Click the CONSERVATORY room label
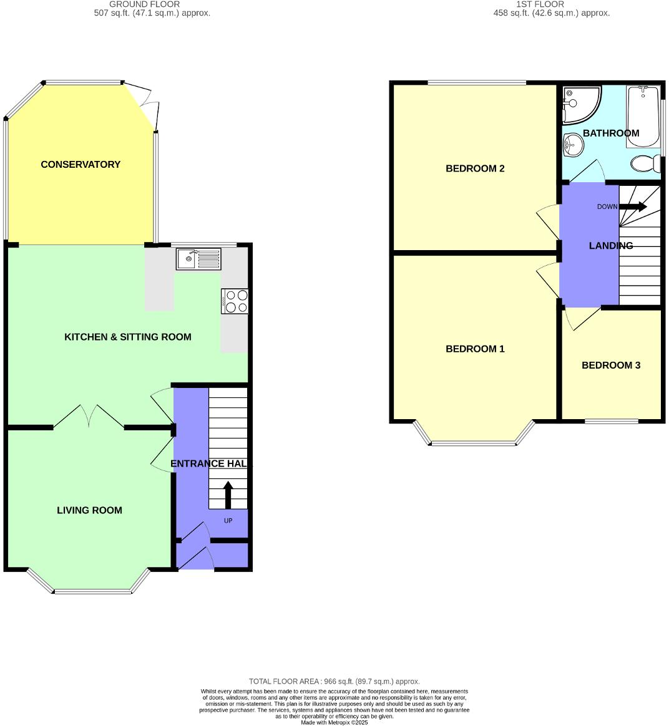81,165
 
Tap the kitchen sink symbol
198,259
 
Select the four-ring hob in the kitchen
235,301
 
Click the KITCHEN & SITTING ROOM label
128,337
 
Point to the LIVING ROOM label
89,510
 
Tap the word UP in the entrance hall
228,520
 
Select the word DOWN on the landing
607,206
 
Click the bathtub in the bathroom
642,117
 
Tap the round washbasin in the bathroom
573,146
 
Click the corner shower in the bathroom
579,103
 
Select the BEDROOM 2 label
475,168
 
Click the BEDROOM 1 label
475,349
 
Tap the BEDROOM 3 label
611,365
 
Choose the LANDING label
611,246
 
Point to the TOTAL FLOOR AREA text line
334,682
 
